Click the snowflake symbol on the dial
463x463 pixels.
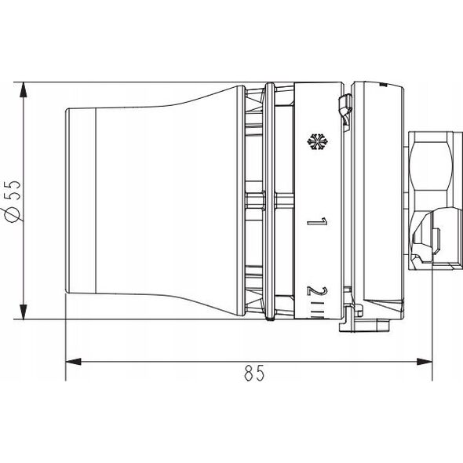tap(318, 141)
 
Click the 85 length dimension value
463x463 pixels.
tap(254, 373)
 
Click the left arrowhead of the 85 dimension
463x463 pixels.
tap(73, 362)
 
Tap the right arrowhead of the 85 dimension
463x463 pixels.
tap(425, 362)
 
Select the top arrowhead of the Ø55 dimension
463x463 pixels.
tap(23, 89)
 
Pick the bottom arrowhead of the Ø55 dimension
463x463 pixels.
tap(23, 312)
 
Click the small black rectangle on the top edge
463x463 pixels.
tap(383, 85)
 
